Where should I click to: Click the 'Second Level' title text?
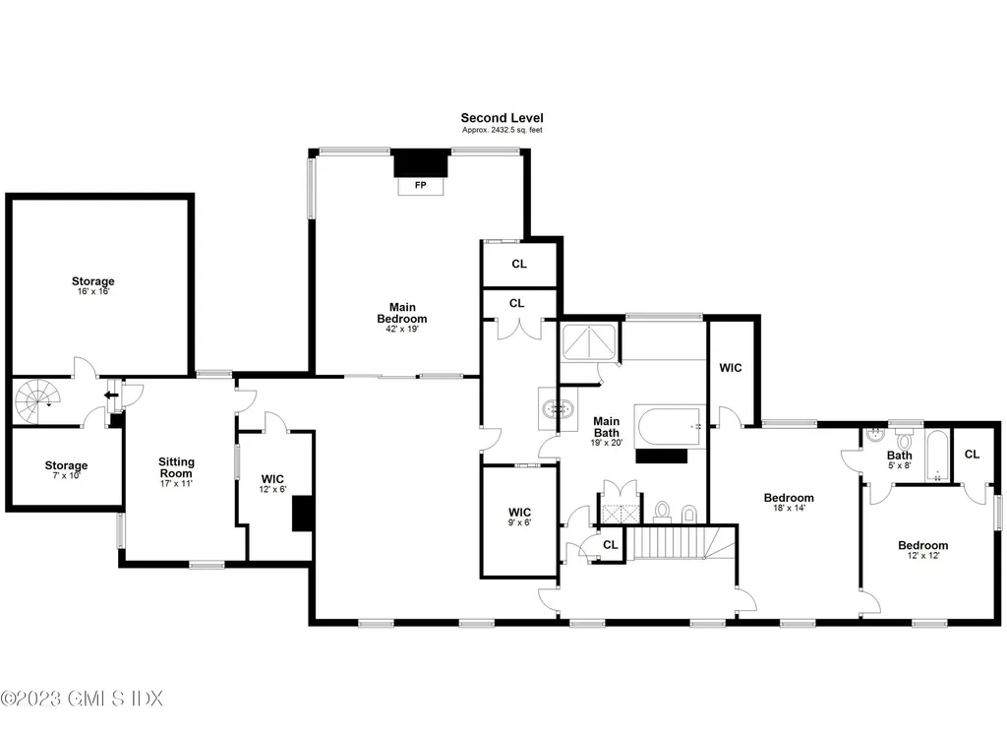502,118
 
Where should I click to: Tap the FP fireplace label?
421,184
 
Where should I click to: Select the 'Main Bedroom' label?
402,313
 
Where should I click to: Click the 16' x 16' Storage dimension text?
92,292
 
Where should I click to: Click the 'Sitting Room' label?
177,467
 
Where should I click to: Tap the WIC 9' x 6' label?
519,518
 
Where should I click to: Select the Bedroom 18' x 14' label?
789,503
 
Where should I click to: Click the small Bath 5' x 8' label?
899,460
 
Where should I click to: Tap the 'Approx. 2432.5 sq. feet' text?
502,130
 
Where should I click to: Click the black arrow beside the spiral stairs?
112,396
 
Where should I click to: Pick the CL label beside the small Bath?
972,455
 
